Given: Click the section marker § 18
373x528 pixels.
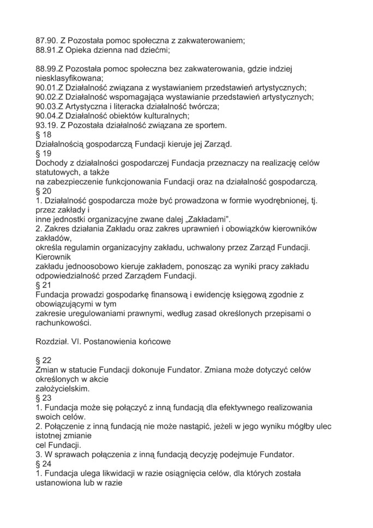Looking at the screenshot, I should point(44,135).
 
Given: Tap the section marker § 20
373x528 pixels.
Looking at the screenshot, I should point(44,191).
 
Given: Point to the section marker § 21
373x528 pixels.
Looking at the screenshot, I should point(44,285).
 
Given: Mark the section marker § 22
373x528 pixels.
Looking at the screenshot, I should point(44,360).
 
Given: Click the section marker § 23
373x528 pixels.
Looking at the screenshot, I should point(44,398).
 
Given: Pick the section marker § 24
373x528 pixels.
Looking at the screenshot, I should point(44,464).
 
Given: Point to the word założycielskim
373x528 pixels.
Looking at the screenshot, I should point(62,388).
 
